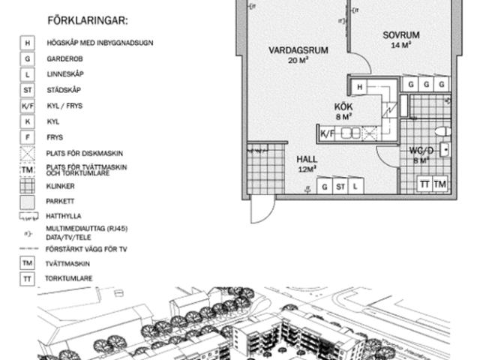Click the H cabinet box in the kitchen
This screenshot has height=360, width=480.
(360, 88)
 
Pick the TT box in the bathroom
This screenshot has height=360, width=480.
(424, 184)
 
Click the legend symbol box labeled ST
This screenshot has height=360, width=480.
(28, 90)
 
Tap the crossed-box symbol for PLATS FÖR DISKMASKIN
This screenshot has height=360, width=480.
(28, 154)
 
